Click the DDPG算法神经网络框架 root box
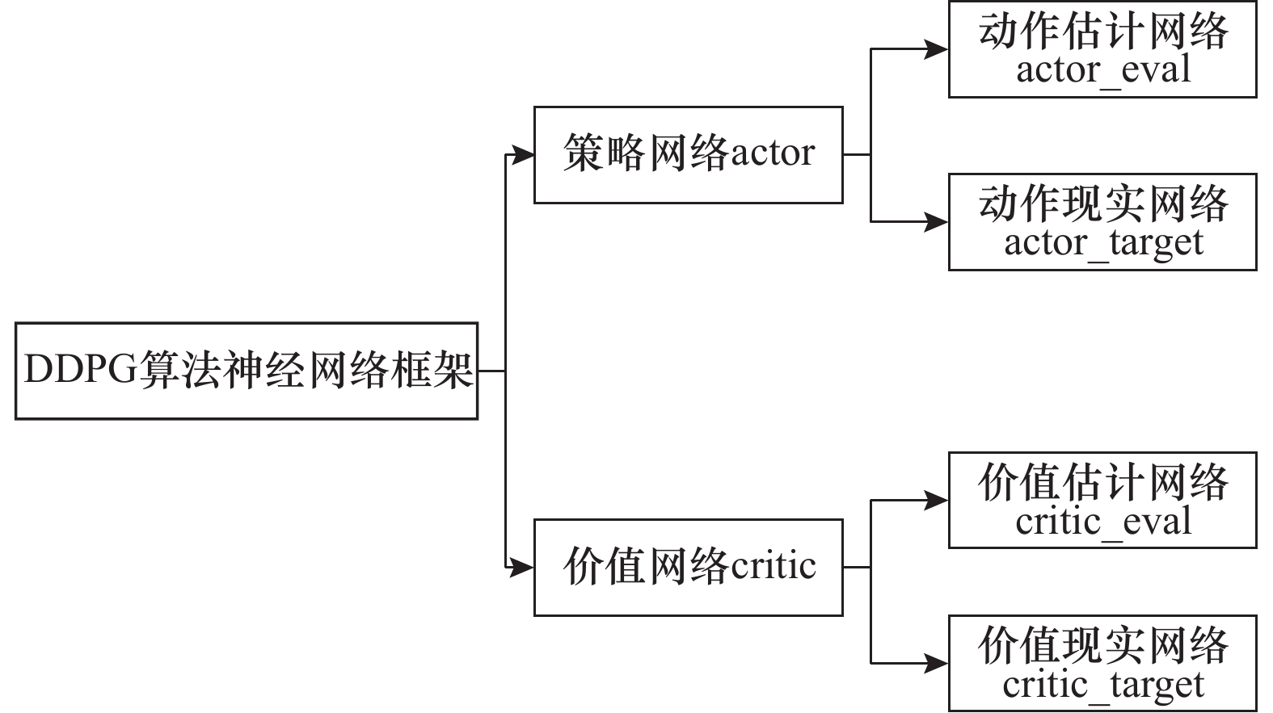tap(247, 371)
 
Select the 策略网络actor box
tap(688, 155)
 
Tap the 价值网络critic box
tap(688, 568)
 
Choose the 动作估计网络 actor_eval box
tap(1102, 50)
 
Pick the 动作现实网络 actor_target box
tap(1102, 222)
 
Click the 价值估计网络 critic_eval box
tap(1102, 501)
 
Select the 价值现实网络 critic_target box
tap(1102, 664)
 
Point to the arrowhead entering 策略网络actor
tap(523, 155)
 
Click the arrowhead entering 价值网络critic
tap(523, 568)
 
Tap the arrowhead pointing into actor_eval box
tap(937, 50)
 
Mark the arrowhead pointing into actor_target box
tap(937, 222)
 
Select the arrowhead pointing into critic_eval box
tap(937, 501)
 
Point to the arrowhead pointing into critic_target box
tap(937, 664)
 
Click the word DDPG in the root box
tap(81, 371)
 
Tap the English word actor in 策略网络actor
tap(773, 153)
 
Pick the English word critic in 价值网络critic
tap(773, 566)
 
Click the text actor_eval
tap(1103, 70)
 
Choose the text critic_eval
tap(1103, 522)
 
